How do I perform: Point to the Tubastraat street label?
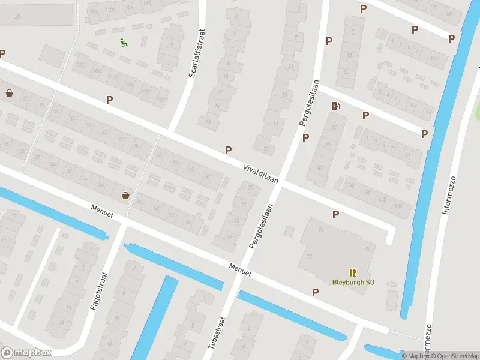pyautogui.click(x=214, y=334)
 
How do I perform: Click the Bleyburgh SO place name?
pyautogui.click(x=353, y=282)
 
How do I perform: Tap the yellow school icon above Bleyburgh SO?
pyautogui.click(x=353, y=272)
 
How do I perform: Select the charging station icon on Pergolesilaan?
pyautogui.click(x=335, y=106)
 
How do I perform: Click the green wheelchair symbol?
pyautogui.click(x=124, y=42)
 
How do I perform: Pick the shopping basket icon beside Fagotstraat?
pyautogui.click(x=125, y=194)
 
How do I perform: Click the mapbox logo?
pyautogui.click(x=26, y=353)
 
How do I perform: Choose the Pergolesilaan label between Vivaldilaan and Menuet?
pyautogui.click(x=262, y=226)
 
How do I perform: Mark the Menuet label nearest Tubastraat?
pyautogui.click(x=240, y=269)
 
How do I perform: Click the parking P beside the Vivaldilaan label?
pyautogui.click(x=228, y=150)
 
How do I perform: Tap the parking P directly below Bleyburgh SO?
pyautogui.click(x=316, y=292)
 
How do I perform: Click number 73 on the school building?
pyautogui.click(x=367, y=249)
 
